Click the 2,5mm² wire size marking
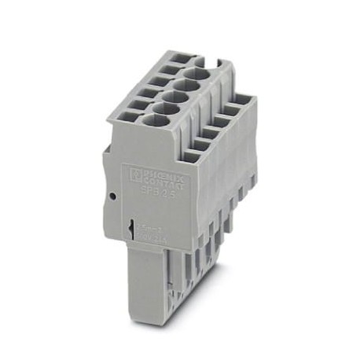click(x=146, y=226)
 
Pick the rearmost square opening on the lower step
click(x=241, y=100)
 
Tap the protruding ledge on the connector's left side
click(x=109, y=161)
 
